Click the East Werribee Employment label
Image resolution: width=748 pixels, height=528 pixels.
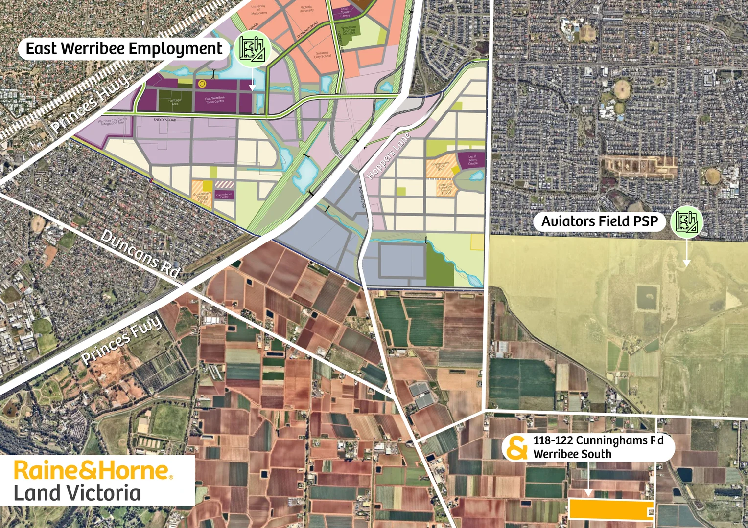124,49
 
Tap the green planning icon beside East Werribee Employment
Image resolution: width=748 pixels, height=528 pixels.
252,48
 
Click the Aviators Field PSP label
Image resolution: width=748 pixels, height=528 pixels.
599,221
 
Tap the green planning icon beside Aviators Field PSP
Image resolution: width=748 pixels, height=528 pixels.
687,221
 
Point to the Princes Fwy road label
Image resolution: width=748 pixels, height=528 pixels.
121,340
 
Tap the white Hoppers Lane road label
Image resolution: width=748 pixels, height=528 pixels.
388,156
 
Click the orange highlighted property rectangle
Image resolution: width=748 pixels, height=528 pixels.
611,509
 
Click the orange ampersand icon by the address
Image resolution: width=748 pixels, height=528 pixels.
516,448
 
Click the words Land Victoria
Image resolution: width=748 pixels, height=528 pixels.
77,493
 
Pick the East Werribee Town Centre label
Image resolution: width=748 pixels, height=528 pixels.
215,100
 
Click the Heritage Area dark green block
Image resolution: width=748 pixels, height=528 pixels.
174,101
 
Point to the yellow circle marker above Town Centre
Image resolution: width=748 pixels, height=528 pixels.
202,84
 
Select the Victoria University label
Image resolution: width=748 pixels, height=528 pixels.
306,9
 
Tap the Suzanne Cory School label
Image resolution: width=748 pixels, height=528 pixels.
323,55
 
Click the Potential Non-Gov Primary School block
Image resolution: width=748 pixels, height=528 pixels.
445,189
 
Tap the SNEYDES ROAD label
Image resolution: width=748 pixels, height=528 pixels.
164,120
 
